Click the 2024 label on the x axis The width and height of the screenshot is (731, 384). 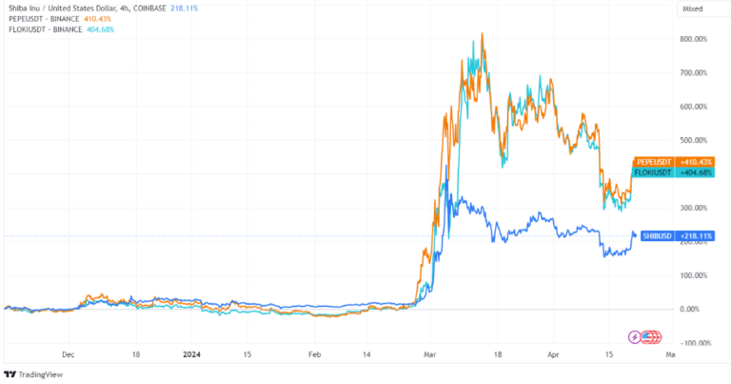194,353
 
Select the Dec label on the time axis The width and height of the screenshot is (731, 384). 68,353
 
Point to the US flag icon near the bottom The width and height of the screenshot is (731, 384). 650,336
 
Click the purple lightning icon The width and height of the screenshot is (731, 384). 635,336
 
